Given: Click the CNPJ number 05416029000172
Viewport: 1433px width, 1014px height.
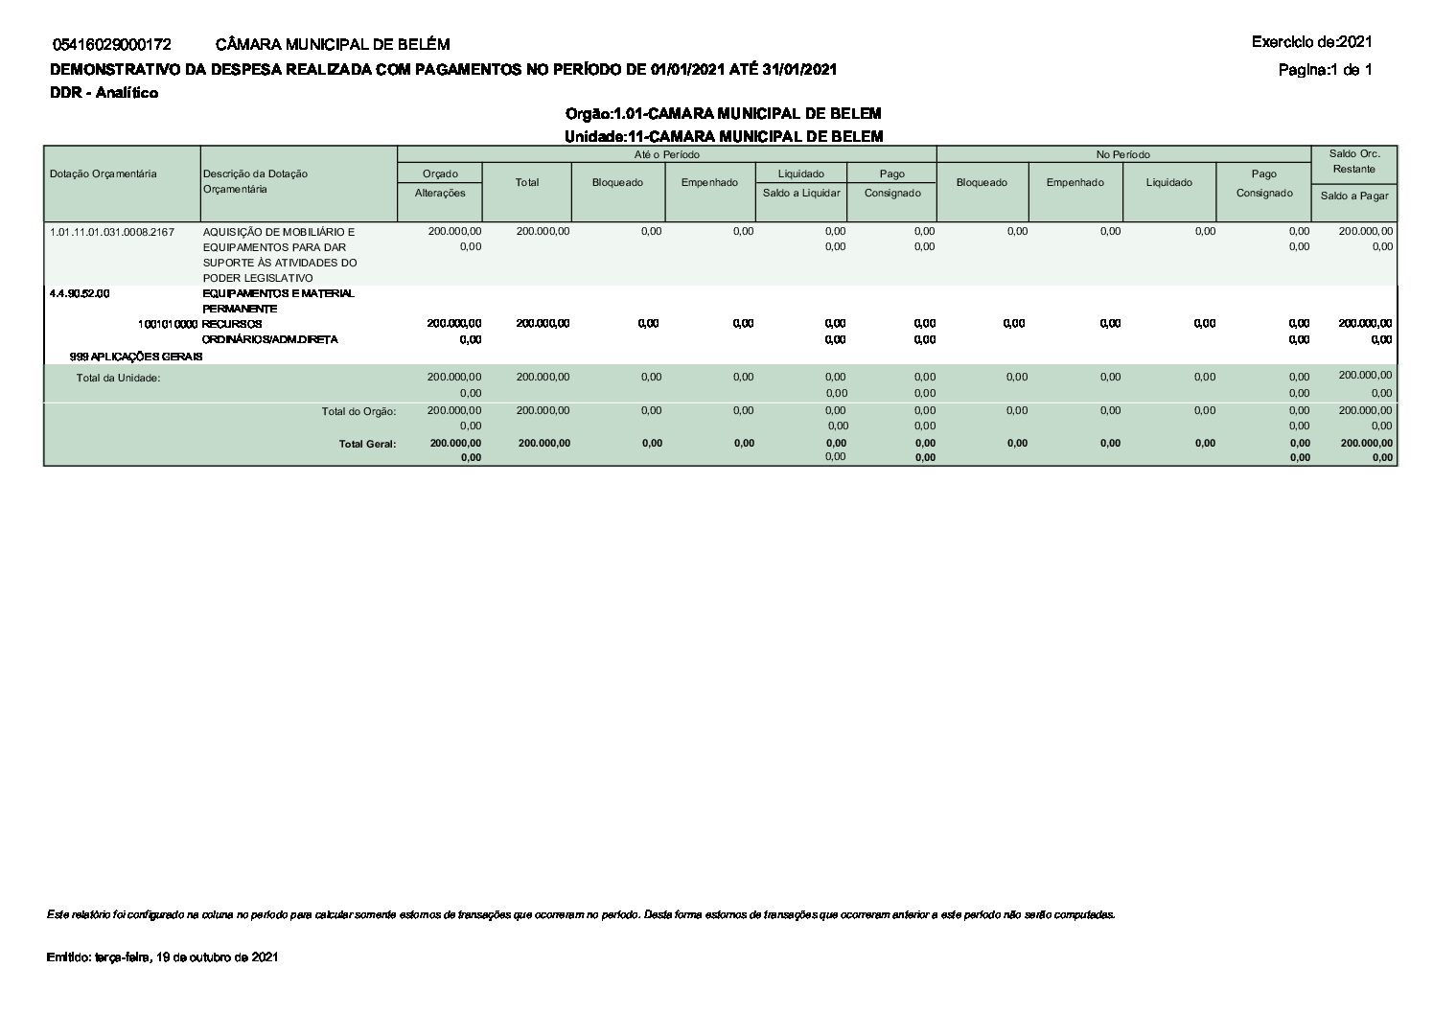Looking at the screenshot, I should (x=112, y=44).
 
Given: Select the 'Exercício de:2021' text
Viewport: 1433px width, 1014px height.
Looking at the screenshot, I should (x=1311, y=42).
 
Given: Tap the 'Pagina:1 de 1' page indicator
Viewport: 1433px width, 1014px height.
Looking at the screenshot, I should (x=1325, y=69).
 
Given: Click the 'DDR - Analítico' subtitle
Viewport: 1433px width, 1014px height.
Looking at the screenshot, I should (x=104, y=92).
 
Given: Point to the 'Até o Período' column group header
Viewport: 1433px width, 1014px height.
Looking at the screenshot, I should (x=666, y=154).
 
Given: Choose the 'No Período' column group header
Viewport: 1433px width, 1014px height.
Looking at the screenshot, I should (x=1123, y=154).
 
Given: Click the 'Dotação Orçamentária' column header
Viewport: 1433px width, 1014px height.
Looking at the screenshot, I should (x=104, y=173).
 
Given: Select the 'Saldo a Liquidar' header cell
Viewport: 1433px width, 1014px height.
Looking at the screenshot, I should (x=801, y=193).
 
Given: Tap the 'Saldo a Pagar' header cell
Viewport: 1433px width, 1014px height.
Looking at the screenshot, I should (x=1353, y=196).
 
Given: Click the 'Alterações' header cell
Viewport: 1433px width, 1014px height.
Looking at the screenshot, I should (x=440, y=193).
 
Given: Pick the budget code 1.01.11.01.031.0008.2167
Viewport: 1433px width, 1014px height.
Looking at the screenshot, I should (x=112, y=232).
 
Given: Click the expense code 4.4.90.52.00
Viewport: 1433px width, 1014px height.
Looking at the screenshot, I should (x=81, y=293).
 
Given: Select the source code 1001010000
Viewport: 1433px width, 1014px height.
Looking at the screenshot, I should (x=169, y=324).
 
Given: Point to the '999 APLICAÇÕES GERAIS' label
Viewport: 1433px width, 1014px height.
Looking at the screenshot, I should (x=136, y=357).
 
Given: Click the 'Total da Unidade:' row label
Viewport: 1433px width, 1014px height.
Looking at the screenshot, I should (x=119, y=378).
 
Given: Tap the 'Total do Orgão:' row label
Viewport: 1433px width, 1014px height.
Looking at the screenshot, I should (x=358, y=411).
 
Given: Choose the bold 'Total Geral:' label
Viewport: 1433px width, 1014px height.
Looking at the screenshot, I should (x=367, y=444).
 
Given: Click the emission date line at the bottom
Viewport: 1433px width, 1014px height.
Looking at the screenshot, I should (x=163, y=957).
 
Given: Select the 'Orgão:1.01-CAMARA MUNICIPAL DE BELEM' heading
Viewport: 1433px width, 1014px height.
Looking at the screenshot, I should (x=723, y=114).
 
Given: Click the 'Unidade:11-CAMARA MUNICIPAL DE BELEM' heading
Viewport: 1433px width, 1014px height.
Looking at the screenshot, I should (x=723, y=136).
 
